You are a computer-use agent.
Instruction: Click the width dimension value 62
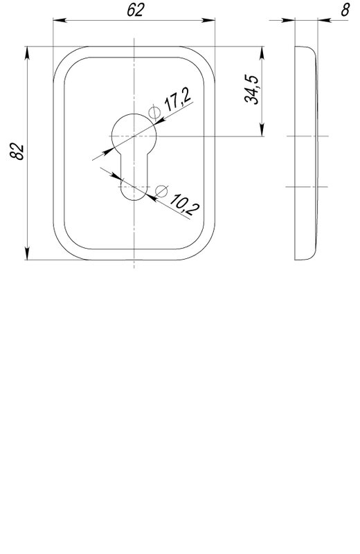[136, 10]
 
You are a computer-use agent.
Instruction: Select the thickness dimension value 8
[345, 10]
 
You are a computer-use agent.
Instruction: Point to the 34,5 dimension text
[251, 89]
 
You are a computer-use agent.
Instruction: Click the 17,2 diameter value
[178, 100]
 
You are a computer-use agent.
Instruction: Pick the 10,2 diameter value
[184, 204]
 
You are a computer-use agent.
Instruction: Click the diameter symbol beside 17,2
[154, 113]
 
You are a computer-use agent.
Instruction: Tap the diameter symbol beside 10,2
[161, 191]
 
